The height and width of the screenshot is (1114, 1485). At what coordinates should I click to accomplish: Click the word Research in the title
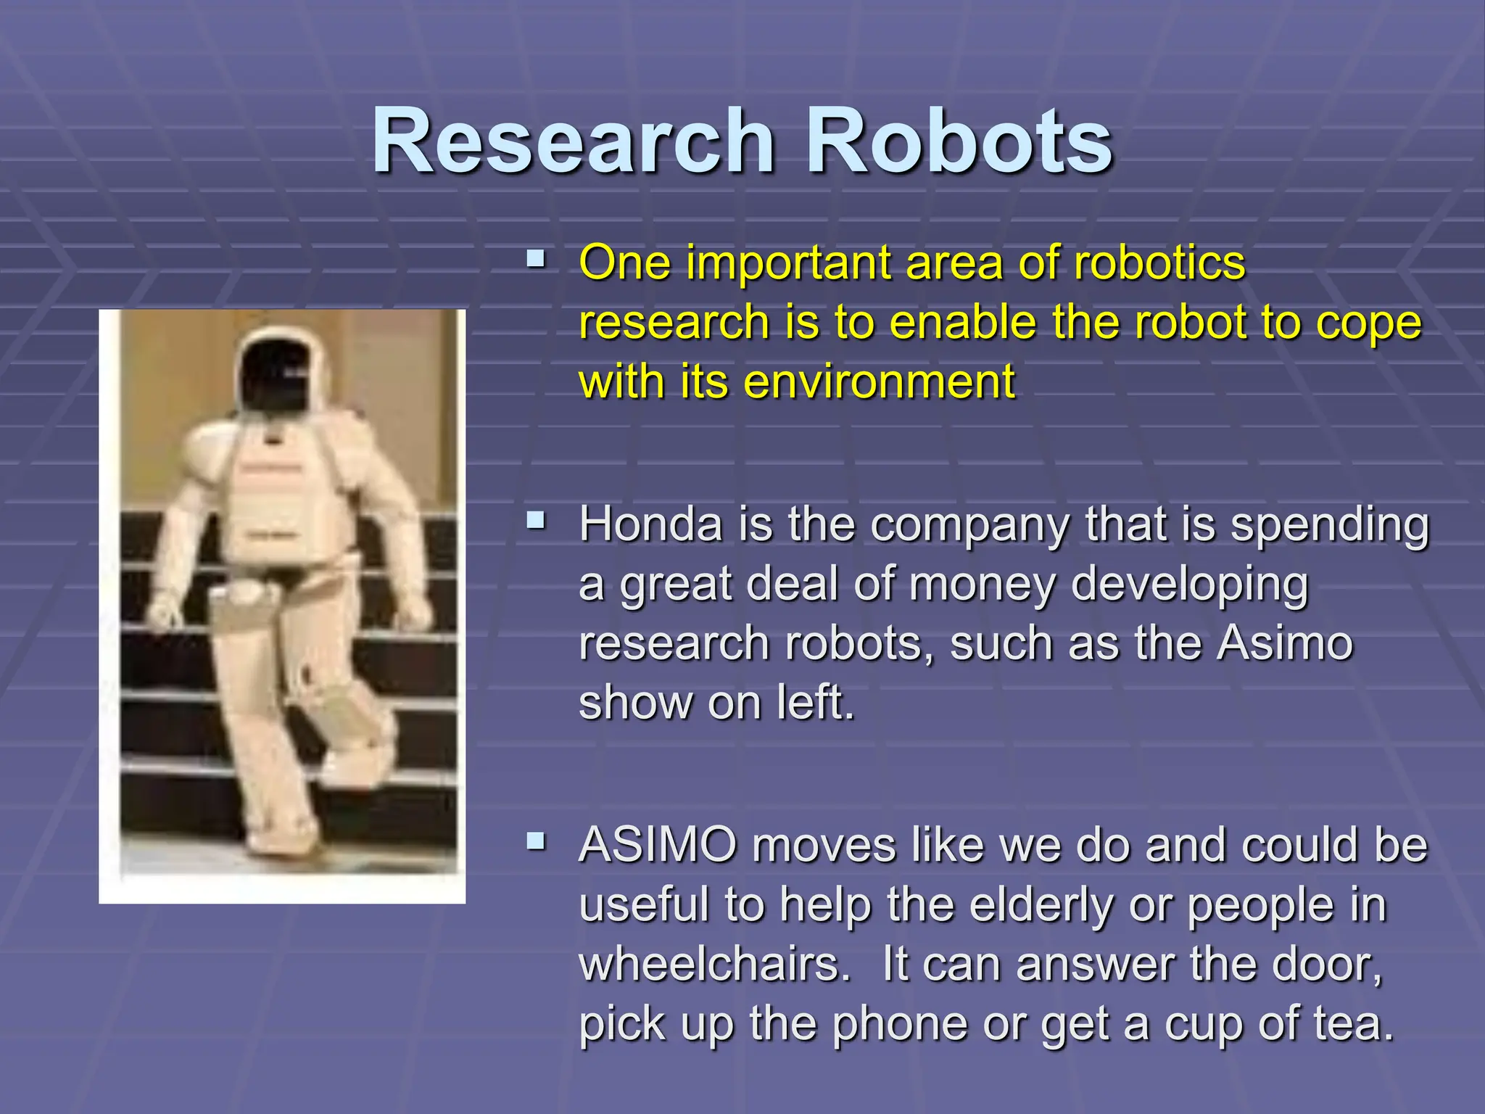[573, 141]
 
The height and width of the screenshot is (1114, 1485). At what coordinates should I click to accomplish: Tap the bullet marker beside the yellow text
[536, 258]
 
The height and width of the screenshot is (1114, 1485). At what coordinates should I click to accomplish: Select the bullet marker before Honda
[536, 519]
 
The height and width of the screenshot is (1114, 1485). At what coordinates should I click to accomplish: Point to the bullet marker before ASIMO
[536, 841]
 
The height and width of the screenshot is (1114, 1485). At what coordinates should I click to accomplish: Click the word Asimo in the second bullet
[1284, 643]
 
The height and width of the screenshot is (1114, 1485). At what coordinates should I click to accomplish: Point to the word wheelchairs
[714, 965]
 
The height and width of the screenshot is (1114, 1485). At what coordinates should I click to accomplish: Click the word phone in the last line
[899, 1024]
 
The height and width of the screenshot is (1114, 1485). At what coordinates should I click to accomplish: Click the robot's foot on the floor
[283, 841]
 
